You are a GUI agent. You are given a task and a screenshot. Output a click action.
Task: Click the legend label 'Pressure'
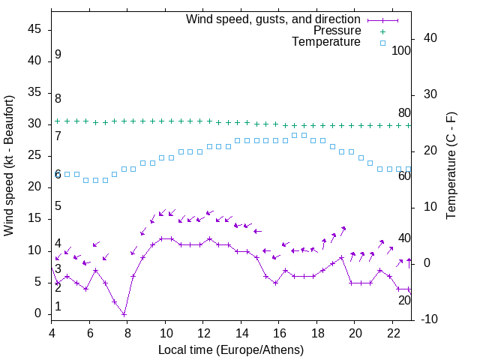click(337, 31)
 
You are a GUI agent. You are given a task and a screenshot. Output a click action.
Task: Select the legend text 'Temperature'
click(326, 43)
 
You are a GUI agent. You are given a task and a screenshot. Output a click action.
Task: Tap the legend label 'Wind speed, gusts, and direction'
click(273, 19)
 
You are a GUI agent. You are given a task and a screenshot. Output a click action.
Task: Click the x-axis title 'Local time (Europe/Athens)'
click(232, 350)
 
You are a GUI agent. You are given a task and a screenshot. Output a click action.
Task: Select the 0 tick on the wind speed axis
click(38, 314)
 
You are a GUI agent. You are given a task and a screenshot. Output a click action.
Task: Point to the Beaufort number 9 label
click(58, 55)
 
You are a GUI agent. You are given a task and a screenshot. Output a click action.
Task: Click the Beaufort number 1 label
click(58, 307)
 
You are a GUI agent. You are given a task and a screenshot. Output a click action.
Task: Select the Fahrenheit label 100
click(401, 50)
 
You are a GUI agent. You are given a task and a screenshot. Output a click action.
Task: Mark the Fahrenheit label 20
click(404, 300)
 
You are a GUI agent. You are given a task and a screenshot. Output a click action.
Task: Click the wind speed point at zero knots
click(124, 314)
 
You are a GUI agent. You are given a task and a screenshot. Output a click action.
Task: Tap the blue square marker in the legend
click(382, 43)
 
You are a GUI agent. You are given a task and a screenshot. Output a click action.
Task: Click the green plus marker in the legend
click(382, 31)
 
